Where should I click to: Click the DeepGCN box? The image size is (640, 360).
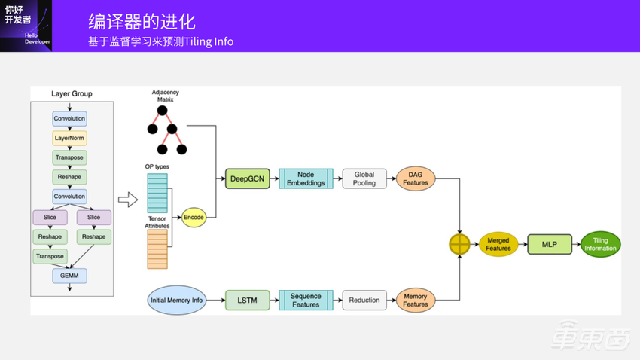point(248,178)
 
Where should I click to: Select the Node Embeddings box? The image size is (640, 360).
point(306,178)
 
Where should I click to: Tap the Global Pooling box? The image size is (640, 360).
point(364,178)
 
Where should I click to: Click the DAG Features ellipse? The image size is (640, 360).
point(416,178)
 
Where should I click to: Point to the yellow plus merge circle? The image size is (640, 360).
point(459,244)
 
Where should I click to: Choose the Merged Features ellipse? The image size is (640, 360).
point(498,244)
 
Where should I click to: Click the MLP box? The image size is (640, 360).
point(550,244)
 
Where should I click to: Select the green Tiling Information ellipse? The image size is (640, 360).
point(600,244)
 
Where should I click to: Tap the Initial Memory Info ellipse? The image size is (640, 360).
point(177,300)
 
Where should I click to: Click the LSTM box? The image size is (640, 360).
point(248,300)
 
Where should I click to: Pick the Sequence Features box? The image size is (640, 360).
point(306,300)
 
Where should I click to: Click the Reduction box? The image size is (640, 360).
point(364,300)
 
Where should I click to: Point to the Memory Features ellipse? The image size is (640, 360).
point(416,300)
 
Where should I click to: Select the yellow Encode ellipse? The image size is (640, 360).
point(194,217)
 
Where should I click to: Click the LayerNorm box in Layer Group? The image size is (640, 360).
point(69,138)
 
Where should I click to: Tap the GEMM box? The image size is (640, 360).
point(69,276)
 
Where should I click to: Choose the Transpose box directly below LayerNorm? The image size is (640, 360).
point(69,157)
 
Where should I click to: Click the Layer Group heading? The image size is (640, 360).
point(72,94)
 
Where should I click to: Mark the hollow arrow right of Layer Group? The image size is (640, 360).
point(128,200)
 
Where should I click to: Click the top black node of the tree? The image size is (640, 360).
point(162,111)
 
